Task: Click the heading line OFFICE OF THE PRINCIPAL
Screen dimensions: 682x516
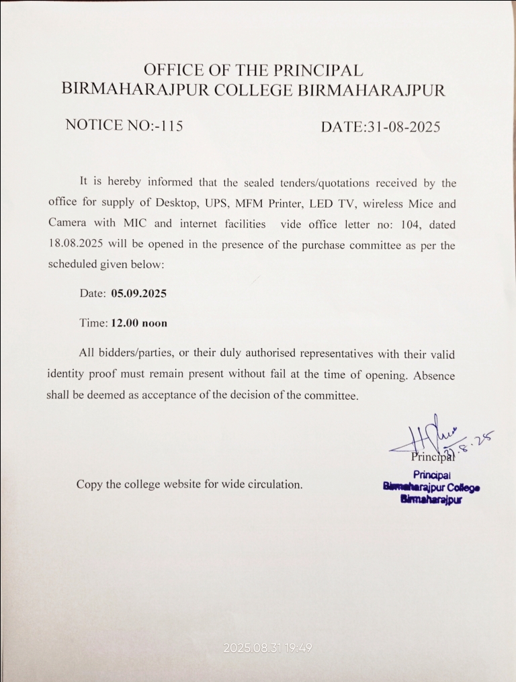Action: point(253,70)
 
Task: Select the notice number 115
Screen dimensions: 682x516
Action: point(170,126)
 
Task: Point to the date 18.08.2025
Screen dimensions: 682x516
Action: point(75,244)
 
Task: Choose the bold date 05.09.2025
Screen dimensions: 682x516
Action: point(139,294)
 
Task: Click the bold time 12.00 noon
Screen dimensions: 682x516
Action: point(139,323)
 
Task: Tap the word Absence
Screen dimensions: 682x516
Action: point(434,375)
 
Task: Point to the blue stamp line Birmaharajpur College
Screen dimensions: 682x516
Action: point(431,486)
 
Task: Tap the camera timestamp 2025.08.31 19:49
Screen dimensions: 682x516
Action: point(267,648)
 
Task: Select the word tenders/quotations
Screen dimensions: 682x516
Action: point(300,183)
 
